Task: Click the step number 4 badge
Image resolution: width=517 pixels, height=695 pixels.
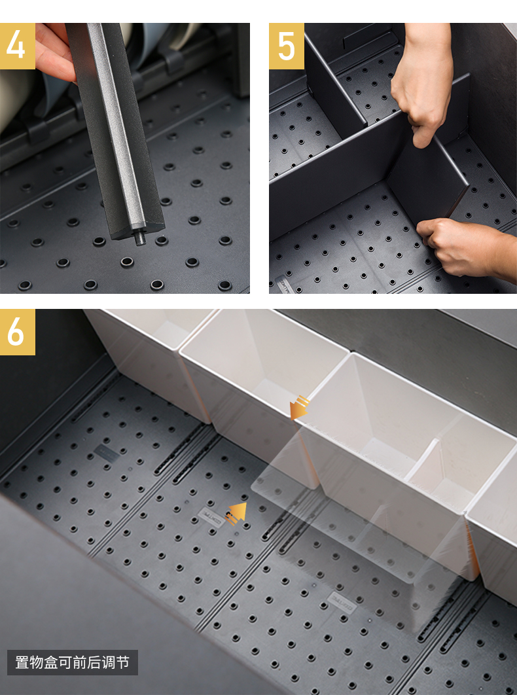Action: pyautogui.click(x=17, y=46)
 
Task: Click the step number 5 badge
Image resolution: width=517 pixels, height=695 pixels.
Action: pyautogui.click(x=287, y=46)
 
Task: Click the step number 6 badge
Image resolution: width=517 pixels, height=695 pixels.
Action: pyautogui.click(x=17, y=332)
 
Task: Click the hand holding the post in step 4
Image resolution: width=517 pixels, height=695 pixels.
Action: pyautogui.click(x=54, y=51)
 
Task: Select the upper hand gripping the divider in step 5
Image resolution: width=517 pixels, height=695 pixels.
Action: pyautogui.click(x=421, y=80)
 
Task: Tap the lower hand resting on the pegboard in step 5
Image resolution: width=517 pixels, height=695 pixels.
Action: pyautogui.click(x=465, y=248)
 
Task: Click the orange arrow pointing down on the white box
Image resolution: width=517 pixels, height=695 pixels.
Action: pyautogui.click(x=298, y=408)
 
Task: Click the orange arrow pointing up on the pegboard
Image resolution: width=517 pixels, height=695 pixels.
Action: pyautogui.click(x=236, y=513)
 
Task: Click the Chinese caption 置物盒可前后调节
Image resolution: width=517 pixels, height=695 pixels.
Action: pyautogui.click(x=72, y=662)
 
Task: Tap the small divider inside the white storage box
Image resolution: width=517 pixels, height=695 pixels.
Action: pyautogui.click(x=423, y=461)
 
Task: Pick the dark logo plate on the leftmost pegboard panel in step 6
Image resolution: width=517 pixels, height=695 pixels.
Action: pyautogui.click(x=107, y=453)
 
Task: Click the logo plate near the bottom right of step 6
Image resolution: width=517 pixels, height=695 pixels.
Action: pyautogui.click(x=342, y=602)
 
